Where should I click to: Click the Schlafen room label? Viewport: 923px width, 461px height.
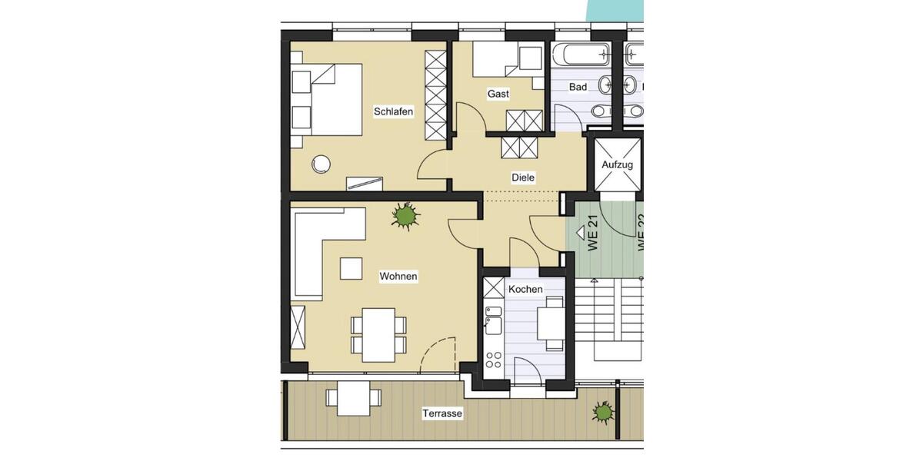click(393, 111)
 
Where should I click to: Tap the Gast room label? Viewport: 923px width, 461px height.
click(498, 94)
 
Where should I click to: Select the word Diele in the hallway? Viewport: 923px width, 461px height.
click(523, 177)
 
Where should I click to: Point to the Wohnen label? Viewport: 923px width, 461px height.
click(398, 276)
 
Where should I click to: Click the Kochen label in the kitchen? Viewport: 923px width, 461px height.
click(525, 289)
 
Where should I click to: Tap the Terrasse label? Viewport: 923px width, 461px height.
click(442, 413)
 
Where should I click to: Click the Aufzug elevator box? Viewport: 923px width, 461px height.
click(617, 164)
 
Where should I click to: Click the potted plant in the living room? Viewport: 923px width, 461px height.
click(405, 216)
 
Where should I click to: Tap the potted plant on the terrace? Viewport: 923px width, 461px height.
click(603, 413)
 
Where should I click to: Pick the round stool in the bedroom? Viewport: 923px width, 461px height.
click(321, 164)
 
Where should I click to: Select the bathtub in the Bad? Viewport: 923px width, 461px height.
click(581, 55)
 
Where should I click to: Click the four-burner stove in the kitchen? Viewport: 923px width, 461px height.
click(493, 360)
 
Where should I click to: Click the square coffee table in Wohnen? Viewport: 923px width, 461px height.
click(352, 267)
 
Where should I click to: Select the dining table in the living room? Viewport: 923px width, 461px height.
click(378, 334)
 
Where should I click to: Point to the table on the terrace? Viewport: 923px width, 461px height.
click(353, 398)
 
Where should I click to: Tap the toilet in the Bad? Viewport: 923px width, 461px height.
click(599, 111)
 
